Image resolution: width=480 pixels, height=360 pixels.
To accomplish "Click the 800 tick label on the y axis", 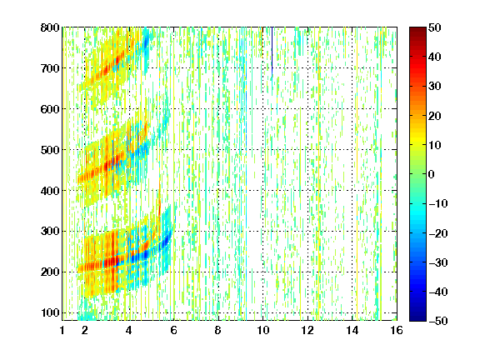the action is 50,27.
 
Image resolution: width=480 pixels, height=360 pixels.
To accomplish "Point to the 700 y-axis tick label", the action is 50,68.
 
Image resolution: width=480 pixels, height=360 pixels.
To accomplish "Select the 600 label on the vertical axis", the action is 50,109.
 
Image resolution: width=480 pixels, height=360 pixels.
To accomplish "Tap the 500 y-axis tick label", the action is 50,150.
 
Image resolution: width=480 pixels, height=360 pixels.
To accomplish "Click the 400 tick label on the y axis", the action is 50,190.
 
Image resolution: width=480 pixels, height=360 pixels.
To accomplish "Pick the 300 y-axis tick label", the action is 50,231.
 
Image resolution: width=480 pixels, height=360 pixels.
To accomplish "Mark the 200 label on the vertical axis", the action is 50,272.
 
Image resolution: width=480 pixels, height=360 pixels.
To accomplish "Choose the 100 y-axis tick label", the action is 50,312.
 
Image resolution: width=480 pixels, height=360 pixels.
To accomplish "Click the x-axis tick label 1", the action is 62,330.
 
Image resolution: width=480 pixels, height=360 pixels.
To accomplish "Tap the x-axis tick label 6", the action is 174,330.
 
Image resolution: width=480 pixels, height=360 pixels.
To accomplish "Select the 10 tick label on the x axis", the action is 263,330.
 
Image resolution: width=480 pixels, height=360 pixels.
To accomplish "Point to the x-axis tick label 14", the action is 352,330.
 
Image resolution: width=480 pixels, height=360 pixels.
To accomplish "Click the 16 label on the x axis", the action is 397,330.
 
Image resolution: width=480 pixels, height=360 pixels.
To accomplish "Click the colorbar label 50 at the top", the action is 435,27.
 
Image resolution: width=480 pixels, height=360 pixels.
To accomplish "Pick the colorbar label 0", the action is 432,174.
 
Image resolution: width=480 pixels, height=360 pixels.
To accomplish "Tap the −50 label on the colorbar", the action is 437,321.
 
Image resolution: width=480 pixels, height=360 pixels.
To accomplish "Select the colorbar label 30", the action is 435,87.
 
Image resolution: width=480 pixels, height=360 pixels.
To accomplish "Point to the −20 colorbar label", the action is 437,233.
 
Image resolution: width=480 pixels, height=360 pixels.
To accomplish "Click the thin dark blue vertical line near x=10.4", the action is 272,52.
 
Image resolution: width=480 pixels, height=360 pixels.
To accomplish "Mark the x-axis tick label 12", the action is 307,330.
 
